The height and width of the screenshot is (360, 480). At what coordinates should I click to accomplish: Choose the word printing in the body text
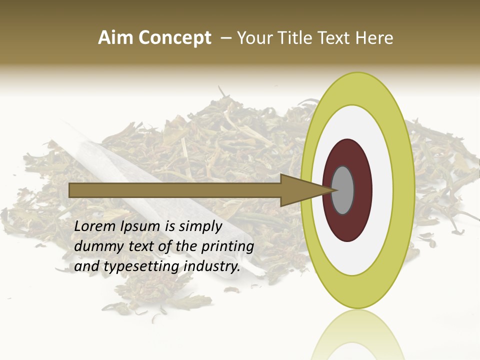[x=227, y=247]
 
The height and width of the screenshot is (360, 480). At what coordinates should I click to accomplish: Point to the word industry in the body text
[x=212, y=267]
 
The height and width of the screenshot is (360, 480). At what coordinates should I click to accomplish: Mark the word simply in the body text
[x=200, y=227]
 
